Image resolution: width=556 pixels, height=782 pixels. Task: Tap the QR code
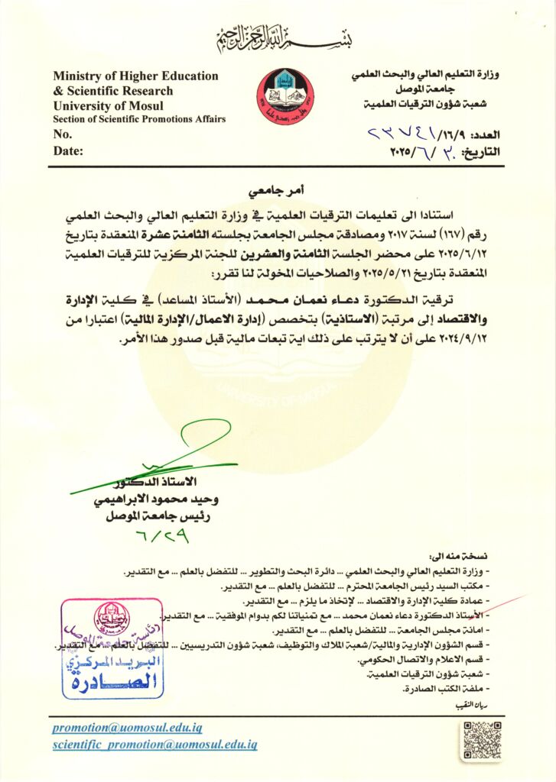coord(481,738)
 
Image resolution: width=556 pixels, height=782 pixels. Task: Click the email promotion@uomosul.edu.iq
coord(135,728)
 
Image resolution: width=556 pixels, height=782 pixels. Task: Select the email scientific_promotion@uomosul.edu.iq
coord(154,744)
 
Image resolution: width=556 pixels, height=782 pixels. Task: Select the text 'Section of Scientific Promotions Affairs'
coord(138,119)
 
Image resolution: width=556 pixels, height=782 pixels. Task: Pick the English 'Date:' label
coord(67,151)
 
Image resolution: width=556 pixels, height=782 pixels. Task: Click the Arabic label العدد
coord(484,134)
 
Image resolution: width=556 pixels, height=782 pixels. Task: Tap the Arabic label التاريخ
coord(480,151)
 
